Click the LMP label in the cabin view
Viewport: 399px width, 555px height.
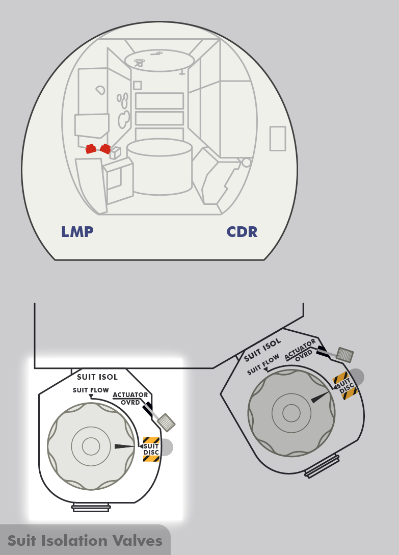[x=77, y=232]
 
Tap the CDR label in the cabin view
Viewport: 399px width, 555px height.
[x=242, y=232]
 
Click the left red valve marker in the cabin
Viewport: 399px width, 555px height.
[x=91, y=149]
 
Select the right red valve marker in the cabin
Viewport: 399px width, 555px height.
[x=105, y=149]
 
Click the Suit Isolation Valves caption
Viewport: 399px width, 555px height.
[x=85, y=540]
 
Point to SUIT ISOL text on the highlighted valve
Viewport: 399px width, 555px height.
[x=97, y=377]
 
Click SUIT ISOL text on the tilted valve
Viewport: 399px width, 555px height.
[x=262, y=348]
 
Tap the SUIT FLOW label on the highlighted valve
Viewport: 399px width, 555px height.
[x=91, y=390]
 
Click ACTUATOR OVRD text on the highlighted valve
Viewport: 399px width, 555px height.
[x=130, y=398]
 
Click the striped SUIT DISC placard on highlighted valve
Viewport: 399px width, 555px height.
[x=151, y=450]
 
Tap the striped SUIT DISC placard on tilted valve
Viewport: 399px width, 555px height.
[x=344, y=386]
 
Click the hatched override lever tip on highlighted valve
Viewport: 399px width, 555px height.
[x=166, y=422]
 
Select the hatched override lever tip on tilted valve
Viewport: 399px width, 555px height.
[x=345, y=355]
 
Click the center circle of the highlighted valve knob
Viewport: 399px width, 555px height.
[x=91, y=446]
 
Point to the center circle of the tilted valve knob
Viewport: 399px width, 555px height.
[x=291, y=412]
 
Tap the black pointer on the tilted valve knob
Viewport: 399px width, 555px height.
[x=321, y=397]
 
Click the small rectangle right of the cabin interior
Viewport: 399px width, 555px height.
[x=277, y=139]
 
